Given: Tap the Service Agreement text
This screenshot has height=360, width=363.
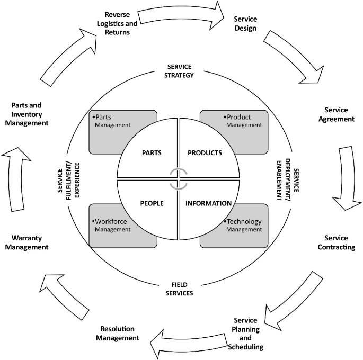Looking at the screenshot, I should (336, 114).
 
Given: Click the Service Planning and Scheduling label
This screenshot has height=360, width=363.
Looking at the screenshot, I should (245, 334).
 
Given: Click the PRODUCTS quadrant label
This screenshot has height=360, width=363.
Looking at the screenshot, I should (205, 153).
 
